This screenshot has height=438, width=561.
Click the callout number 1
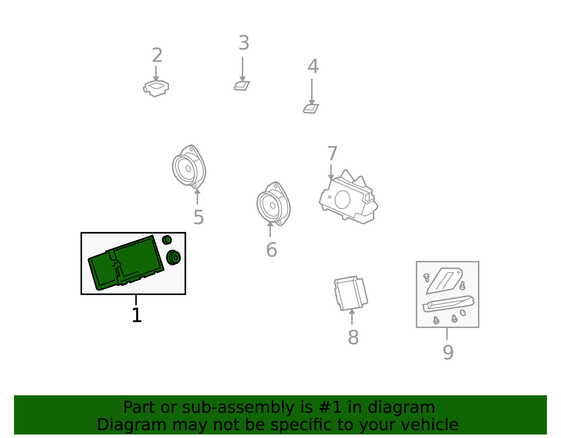[137, 315]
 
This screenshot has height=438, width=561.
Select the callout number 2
[157, 55]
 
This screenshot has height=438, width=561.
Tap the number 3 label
[244, 43]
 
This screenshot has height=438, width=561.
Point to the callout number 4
[313, 66]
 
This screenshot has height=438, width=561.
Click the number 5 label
[198, 217]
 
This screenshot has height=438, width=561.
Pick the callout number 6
[271, 250]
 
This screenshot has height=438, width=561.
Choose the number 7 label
[332, 153]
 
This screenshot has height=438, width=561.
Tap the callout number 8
[353, 337]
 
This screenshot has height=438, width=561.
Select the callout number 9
[448, 352]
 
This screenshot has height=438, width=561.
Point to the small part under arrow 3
[242, 86]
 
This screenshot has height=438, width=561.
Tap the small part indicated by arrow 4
[311, 109]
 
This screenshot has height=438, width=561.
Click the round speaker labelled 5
[189, 167]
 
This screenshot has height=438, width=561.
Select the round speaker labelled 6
[273, 204]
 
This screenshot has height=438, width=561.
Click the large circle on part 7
[342, 200]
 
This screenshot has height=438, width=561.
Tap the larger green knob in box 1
[173, 257]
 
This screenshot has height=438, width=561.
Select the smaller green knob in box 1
[167, 240]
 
